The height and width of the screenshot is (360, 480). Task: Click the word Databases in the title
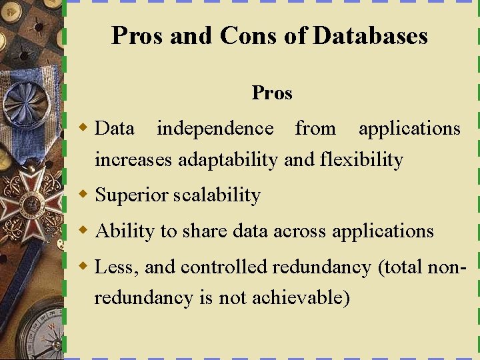point(370,35)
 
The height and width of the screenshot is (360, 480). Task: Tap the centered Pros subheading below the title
point(272,93)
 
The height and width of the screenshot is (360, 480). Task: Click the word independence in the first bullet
point(215,128)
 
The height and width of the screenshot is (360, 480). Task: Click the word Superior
point(132,195)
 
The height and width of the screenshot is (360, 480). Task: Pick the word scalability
point(217,195)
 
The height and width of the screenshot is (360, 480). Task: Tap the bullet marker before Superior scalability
point(83,195)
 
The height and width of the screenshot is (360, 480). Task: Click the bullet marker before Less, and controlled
point(83,267)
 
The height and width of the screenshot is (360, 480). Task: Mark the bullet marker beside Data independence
point(83,127)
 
